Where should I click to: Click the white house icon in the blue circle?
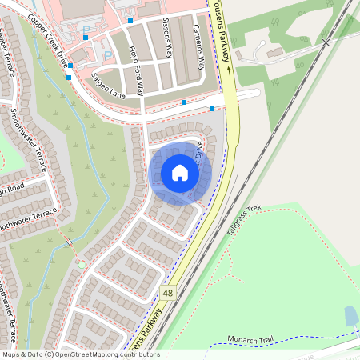pos(179,172)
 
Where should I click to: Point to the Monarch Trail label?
pos(250,341)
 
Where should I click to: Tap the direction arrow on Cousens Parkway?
pos(229,70)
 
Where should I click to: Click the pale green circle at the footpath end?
pos(81,265)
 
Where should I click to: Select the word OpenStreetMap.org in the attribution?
pos(106,354)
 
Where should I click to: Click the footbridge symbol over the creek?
pos(69,240)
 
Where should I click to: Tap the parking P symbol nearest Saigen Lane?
pos(108,55)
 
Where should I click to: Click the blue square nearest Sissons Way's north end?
pos(130,21)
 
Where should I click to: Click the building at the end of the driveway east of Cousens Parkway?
pos(274,52)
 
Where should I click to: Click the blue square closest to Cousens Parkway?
pos(211,109)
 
